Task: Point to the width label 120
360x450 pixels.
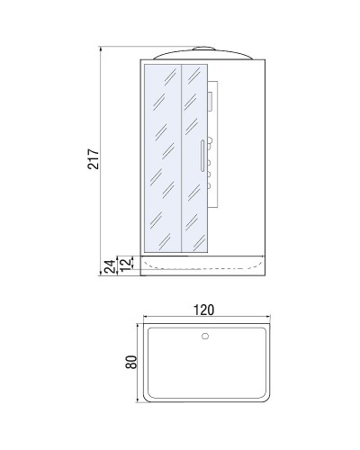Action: point(204,310)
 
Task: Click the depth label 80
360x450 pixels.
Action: point(130,364)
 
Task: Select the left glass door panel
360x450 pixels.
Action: point(162,157)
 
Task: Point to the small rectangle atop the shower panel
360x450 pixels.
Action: point(210,101)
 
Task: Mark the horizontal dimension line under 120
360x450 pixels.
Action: point(204,319)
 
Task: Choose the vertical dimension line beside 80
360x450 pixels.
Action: point(137,364)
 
